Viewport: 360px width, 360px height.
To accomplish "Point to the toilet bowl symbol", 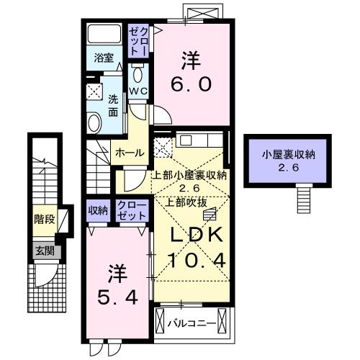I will pos(138,75).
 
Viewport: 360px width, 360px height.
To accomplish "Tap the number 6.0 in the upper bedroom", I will pos(191,84).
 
